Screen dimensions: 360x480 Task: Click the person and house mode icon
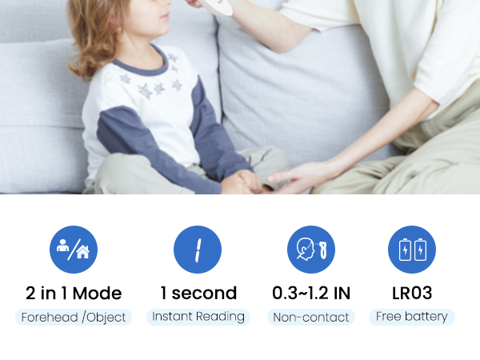tap(74, 250)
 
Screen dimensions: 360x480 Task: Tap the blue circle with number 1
tap(197, 250)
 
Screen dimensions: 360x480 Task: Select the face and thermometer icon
tap(311, 250)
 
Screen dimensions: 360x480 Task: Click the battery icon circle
tap(412, 250)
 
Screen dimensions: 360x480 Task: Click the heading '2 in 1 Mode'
tap(74, 293)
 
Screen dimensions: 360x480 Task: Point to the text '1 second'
tap(198, 293)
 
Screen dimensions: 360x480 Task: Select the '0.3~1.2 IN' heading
tap(311, 293)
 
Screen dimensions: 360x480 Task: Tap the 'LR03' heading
tap(412, 293)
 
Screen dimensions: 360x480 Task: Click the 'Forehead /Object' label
tap(74, 318)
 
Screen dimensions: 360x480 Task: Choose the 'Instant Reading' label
tap(198, 317)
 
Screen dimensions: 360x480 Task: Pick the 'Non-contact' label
tap(311, 318)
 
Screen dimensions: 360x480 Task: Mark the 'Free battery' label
tap(412, 317)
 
